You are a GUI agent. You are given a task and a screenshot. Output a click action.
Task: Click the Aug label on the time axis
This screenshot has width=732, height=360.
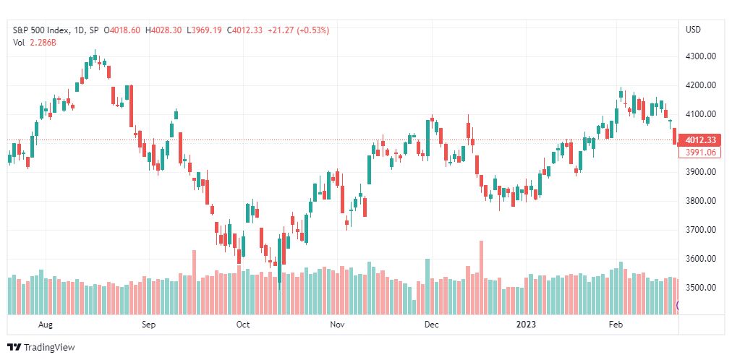(x=46, y=325)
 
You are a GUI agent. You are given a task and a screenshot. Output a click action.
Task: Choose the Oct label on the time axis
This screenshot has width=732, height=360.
(x=243, y=325)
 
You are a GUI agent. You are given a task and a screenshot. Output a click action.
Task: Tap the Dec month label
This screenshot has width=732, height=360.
(x=432, y=325)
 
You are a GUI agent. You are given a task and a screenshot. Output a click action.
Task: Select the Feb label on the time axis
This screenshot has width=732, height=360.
(x=616, y=325)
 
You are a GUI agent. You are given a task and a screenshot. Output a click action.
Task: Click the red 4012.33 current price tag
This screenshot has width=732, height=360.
(x=700, y=140)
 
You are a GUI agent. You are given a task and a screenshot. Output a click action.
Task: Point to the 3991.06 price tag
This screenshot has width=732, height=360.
(x=700, y=152)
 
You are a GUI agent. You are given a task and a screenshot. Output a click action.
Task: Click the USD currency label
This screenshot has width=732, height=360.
(x=693, y=30)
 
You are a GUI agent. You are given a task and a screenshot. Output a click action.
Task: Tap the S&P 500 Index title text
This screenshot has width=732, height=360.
(x=43, y=30)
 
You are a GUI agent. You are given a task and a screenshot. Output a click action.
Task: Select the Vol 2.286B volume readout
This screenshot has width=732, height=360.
(x=34, y=43)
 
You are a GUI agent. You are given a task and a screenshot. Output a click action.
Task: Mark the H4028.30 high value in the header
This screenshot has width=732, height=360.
(x=164, y=30)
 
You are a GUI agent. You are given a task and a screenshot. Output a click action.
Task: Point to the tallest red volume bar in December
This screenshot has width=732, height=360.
(x=481, y=278)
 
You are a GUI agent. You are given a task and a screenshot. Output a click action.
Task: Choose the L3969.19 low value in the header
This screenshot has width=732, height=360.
(x=205, y=30)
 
